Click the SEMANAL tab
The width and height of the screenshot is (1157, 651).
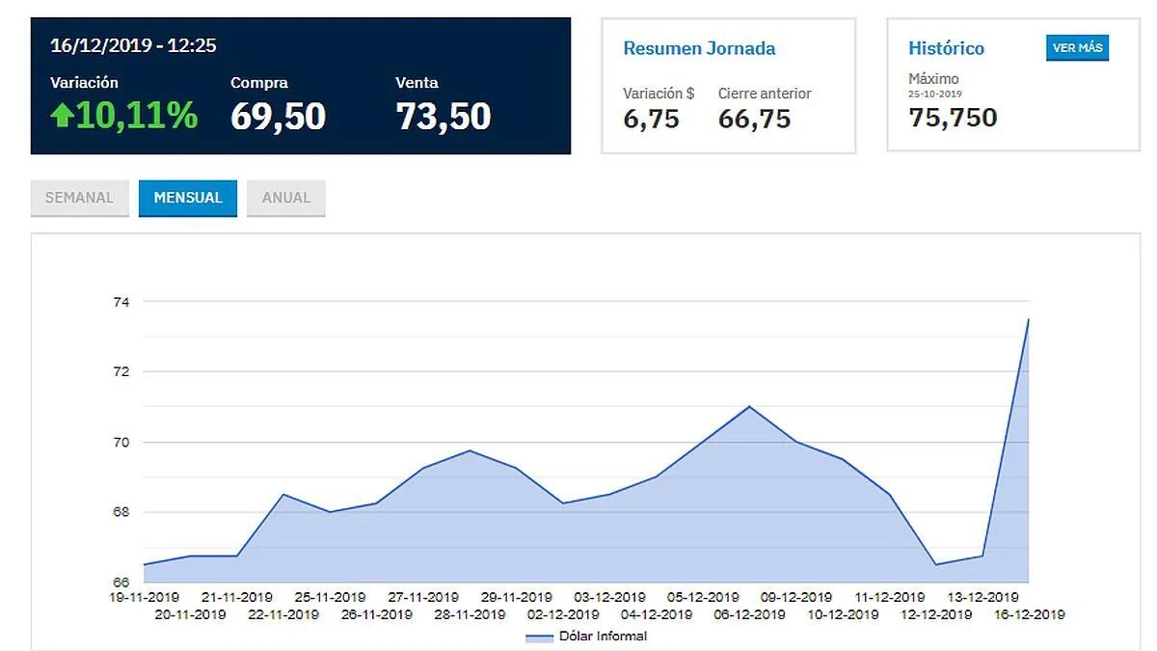click(79, 198)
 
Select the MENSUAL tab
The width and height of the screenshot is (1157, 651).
click(188, 198)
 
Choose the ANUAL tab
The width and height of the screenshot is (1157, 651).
click(286, 198)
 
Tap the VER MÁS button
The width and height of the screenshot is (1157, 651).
click(1078, 48)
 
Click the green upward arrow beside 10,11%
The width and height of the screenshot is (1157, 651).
click(62, 115)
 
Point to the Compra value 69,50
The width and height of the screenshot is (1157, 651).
click(278, 117)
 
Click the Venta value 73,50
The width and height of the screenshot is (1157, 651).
click(444, 117)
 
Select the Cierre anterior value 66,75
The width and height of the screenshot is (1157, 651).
click(754, 120)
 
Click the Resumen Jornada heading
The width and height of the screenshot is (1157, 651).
click(699, 48)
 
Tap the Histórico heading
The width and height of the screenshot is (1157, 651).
click(946, 48)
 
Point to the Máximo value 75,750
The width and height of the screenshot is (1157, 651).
click(953, 118)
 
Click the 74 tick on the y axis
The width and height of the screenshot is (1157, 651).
click(121, 302)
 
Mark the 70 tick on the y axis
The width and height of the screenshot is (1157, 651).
click(121, 443)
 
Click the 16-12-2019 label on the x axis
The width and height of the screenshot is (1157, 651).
click(1030, 615)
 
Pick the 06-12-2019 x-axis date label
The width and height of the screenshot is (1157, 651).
click(749, 615)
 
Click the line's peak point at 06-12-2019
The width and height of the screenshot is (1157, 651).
click(749, 407)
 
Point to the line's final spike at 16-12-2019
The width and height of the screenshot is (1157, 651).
click(1029, 319)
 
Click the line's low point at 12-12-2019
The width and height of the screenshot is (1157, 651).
click(936, 565)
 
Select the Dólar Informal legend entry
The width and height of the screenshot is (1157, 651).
click(586, 637)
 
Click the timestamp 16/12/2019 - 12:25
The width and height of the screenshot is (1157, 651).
click(133, 45)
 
